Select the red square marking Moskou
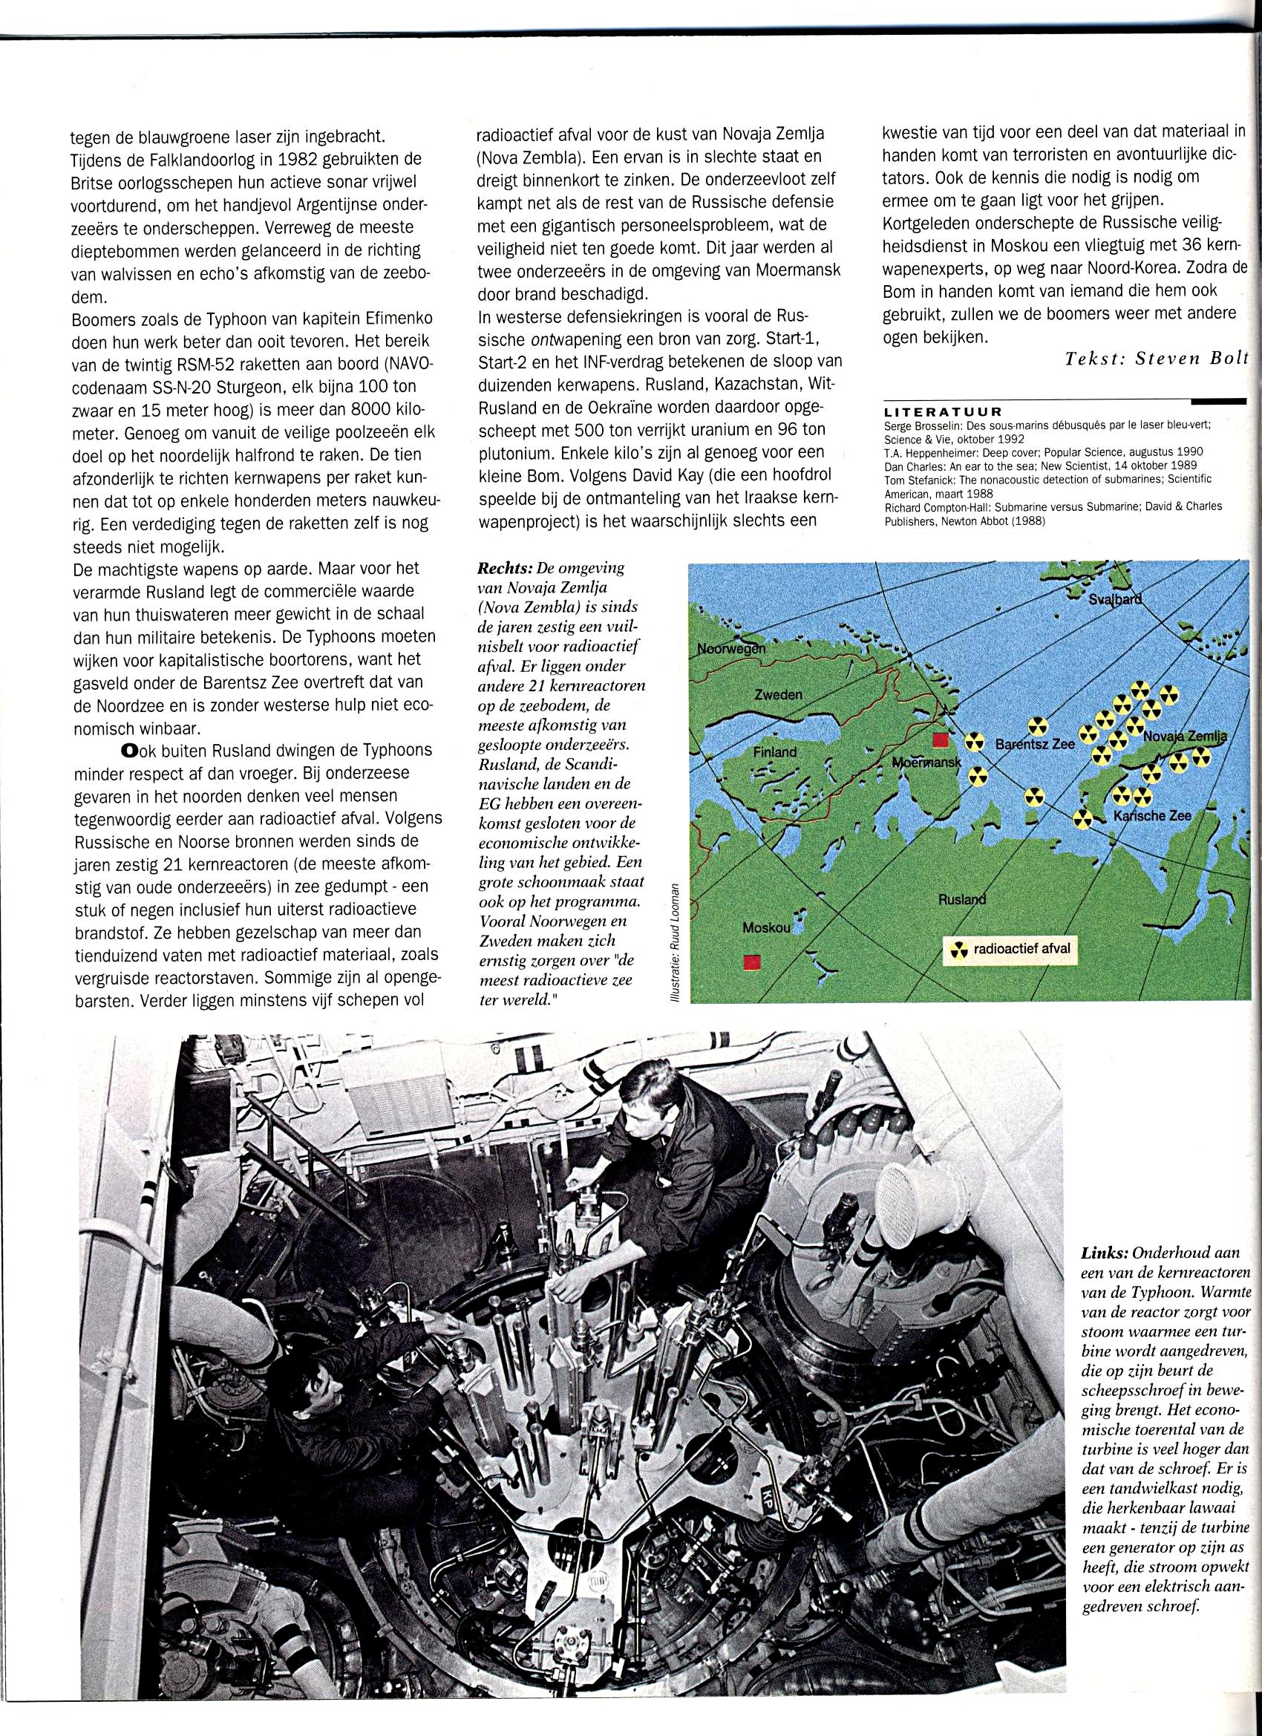click(x=752, y=962)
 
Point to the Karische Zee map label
click(x=1152, y=816)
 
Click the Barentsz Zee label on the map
click(x=1035, y=743)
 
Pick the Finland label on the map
click(x=774, y=751)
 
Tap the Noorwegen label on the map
click(x=731, y=649)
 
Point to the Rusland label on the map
click(x=962, y=899)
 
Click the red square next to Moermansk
click(x=940, y=740)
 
